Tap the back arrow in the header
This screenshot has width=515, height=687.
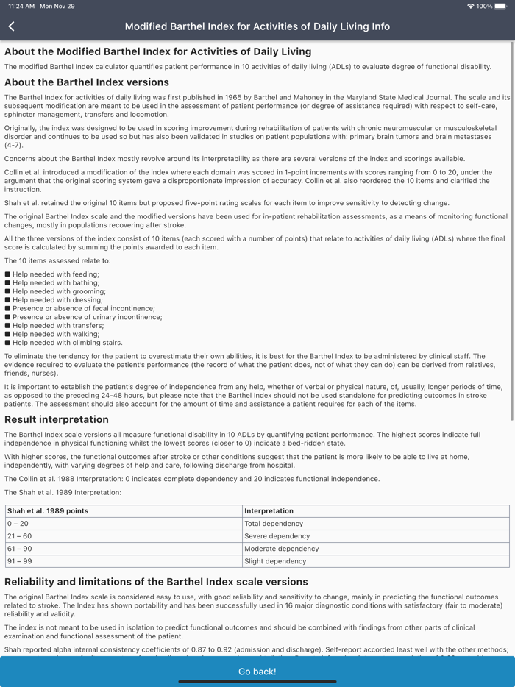click(12, 26)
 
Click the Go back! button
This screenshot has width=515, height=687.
click(257, 671)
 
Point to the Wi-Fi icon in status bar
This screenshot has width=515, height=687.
click(470, 6)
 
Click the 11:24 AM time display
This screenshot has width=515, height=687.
click(21, 6)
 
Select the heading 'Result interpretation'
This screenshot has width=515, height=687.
click(57, 420)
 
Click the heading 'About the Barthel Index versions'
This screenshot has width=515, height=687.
click(87, 82)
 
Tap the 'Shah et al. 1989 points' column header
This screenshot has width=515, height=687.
click(48, 511)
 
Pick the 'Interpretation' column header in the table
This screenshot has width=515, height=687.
click(269, 511)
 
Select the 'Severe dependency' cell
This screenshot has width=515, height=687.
click(277, 536)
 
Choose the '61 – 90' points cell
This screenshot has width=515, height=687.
click(20, 549)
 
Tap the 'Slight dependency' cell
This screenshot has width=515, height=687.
click(275, 561)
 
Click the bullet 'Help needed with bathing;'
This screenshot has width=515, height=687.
click(56, 282)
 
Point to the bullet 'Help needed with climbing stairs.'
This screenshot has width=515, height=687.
click(68, 343)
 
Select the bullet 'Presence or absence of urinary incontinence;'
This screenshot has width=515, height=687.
click(87, 317)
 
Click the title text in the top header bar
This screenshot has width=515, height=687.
click(257, 26)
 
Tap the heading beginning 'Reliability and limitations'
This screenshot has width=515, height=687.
click(156, 582)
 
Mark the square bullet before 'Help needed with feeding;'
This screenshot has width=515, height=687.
click(7, 274)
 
